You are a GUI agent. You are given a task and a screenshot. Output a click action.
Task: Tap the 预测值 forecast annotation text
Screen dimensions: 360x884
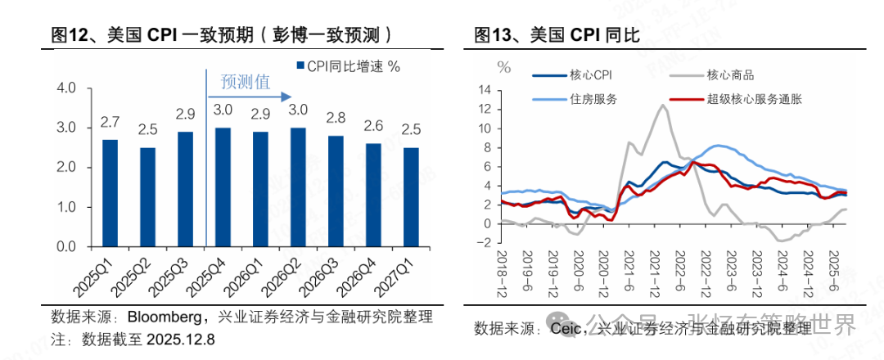tap(246, 81)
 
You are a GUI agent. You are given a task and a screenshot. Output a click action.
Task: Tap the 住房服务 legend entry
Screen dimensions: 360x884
tap(589, 99)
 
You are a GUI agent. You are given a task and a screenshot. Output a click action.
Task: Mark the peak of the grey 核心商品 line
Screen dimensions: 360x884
tap(661, 105)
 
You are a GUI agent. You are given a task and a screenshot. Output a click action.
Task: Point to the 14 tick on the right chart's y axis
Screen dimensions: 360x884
tap(485, 89)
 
